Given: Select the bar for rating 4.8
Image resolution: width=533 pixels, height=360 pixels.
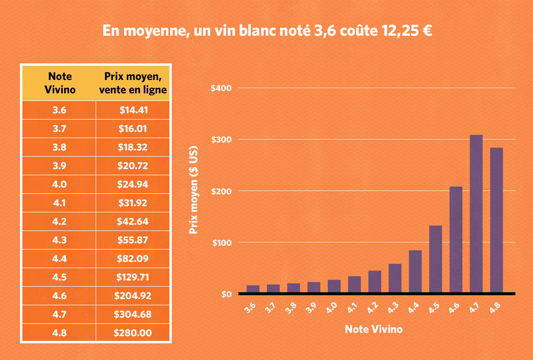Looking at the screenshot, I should pos(496,220).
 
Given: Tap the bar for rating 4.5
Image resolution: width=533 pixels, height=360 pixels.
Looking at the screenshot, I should pos(435,259).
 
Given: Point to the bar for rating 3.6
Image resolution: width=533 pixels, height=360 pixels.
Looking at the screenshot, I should pos(253,289).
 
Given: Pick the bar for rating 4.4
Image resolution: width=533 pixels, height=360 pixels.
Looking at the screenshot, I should pos(415,271).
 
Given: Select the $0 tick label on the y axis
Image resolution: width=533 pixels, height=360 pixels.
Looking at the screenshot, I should pos(226,294).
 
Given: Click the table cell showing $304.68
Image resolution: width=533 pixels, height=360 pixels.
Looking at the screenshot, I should pos(133,314).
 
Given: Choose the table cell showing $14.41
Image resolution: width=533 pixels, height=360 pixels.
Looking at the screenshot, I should pos(133,110).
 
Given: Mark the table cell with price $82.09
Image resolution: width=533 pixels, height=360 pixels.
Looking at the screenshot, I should pos(133,259).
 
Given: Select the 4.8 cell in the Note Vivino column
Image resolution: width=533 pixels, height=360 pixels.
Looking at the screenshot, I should pos(59,333).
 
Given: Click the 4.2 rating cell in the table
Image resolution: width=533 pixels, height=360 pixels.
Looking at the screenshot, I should pos(59,221).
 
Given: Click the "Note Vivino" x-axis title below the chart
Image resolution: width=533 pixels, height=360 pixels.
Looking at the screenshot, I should pos(373,329).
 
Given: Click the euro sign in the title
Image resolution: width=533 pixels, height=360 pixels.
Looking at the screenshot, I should pos(426,31).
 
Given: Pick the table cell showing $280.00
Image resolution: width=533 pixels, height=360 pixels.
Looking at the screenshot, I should pos(133,333).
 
